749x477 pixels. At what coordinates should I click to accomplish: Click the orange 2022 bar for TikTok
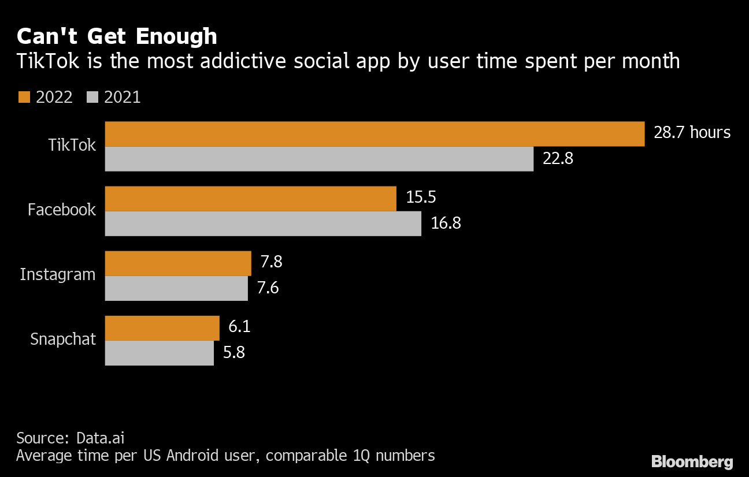coord(374,134)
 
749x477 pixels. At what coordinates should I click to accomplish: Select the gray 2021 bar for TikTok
coord(319,159)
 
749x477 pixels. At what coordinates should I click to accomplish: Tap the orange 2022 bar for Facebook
coord(250,199)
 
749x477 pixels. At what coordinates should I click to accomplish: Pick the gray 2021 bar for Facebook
coord(263,223)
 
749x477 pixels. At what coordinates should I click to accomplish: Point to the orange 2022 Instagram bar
coord(178,263)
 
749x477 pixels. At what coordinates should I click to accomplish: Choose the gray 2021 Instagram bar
coord(176,288)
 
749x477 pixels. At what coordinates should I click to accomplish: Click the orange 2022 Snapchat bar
coord(162,328)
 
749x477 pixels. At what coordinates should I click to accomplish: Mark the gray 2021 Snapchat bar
coord(159,353)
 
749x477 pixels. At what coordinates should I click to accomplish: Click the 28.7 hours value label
coord(692,133)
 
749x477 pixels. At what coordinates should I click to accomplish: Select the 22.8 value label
coord(558,159)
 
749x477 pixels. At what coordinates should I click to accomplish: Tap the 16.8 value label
coord(446,223)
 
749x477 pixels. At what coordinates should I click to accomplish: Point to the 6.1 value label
coord(239,327)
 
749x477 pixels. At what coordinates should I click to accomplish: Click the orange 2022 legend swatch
coord(24,97)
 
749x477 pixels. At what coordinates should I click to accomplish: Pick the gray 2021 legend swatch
coord(92,97)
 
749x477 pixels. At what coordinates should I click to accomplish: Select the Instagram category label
coord(57,274)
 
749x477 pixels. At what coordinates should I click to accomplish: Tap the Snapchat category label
coord(63,339)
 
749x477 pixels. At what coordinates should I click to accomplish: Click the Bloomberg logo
coord(692,461)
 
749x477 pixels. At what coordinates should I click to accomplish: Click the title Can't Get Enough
coord(117,36)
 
